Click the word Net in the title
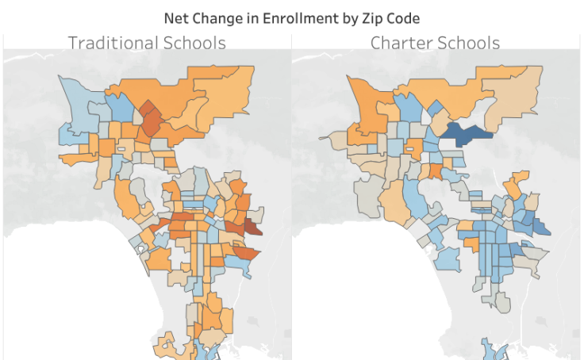tap(175, 17)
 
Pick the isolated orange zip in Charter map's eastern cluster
tap(518, 185)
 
